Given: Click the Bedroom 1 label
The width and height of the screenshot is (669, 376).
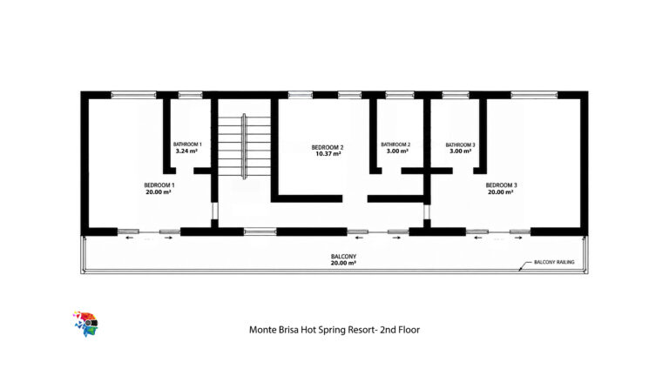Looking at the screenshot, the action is tap(159, 185).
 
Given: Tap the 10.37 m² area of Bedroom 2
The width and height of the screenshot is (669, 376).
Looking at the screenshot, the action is tap(328, 154).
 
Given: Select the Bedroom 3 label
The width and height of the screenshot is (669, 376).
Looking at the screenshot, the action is tap(502, 185).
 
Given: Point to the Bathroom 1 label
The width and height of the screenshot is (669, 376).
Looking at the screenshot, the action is tap(187, 144).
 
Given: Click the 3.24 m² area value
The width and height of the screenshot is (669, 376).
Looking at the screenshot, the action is tap(186, 151).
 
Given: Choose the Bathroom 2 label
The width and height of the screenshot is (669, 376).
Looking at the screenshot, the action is tap(395, 144).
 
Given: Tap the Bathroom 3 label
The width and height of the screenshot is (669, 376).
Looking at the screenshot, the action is tap(460, 145).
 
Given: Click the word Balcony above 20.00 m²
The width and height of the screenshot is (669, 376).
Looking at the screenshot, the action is tap(343, 257).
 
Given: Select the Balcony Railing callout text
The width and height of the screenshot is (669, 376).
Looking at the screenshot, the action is tap(554, 262).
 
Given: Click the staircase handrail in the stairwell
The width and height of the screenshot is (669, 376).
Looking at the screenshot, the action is tap(244, 146).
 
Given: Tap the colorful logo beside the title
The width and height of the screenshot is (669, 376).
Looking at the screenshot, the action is tap(85, 324).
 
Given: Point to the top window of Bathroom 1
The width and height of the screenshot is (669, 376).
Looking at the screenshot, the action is tap(190, 95).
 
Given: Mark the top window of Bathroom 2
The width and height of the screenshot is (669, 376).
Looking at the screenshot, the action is tap(400, 95).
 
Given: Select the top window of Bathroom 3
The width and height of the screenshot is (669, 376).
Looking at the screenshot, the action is tap(456, 95).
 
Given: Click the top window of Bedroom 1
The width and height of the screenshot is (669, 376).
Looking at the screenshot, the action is tap(133, 95).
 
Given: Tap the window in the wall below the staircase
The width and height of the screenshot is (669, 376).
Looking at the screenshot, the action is tap(260, 232).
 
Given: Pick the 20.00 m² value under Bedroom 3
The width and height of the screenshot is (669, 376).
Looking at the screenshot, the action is tap(501, 192).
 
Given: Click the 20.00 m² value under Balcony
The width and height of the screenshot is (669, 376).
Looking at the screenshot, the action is tap(343, 264).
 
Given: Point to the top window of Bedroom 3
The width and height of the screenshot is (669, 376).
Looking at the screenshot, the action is tap(534, 95).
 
